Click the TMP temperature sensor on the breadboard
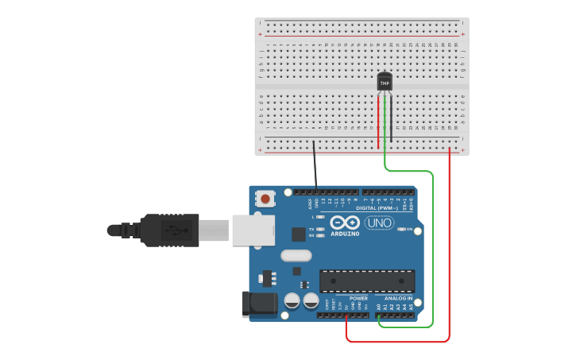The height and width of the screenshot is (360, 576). pyautogui.click(x=385, y=82)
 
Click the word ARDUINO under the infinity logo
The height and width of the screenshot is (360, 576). pyautogui.click(x=345, y=234)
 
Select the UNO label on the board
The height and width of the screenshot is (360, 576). pyautogui.click(x=379, y=223)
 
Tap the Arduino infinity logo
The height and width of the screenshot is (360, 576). pyautogui.click(x=345, y=223)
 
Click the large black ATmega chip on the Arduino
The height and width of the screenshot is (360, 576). pyautogui.click(x=367, y=281)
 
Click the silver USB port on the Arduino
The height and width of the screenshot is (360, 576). pyautogui.click(x=253, y=230)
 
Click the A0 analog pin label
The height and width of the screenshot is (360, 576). pyautogui.click(x=379, y=305)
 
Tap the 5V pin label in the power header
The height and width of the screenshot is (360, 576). pyautogui.click(x=346, y=305)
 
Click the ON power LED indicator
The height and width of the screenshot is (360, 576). pyautogui.click(x=400, y=229)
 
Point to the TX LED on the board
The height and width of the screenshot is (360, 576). pyautogui.click(x=320, y=229)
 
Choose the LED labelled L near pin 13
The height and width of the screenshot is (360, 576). pyautogui.click(x=320, y=216)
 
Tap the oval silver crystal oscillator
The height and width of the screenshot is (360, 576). pyautogui.click(x=296, y=256)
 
